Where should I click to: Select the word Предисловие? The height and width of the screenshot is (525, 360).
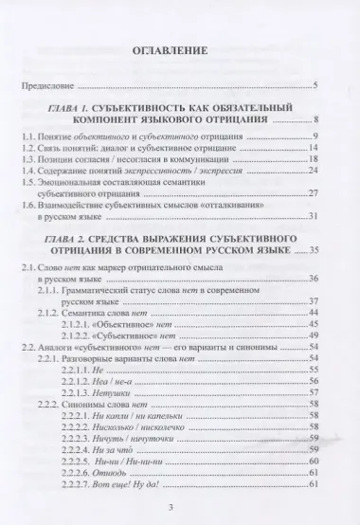click(x=55, y=87)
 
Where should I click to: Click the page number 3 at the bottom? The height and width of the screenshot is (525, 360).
click(x=179, y=507)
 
